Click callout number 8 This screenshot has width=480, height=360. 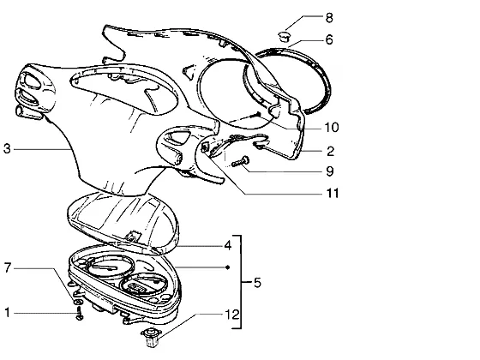tap(329, 17)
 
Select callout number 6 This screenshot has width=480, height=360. tap(329, 39)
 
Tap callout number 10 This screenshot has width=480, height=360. tap(331, 128)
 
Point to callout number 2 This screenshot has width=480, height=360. tap(330, 151)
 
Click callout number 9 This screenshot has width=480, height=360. tap(330, 171)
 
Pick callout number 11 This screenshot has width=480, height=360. tap(333, 194)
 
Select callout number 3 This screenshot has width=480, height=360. tap(7, 149)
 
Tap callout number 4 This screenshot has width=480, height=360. tap(228, 245)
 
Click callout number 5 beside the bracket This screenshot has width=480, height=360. tap(257, 283)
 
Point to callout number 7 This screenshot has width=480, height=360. tap(8, 267)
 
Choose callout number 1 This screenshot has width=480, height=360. tap(8, 313)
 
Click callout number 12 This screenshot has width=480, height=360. tap(232, 315)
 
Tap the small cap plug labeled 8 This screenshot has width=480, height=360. tap(285, 36)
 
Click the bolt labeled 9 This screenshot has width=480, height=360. tap(241, 162)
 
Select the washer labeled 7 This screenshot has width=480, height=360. tap(78, 302)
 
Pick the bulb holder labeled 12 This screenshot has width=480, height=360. tap(151, 337)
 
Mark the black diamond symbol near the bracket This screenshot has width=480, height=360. tap(227, 267)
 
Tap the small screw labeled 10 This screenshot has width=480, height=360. tap(255, 115)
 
